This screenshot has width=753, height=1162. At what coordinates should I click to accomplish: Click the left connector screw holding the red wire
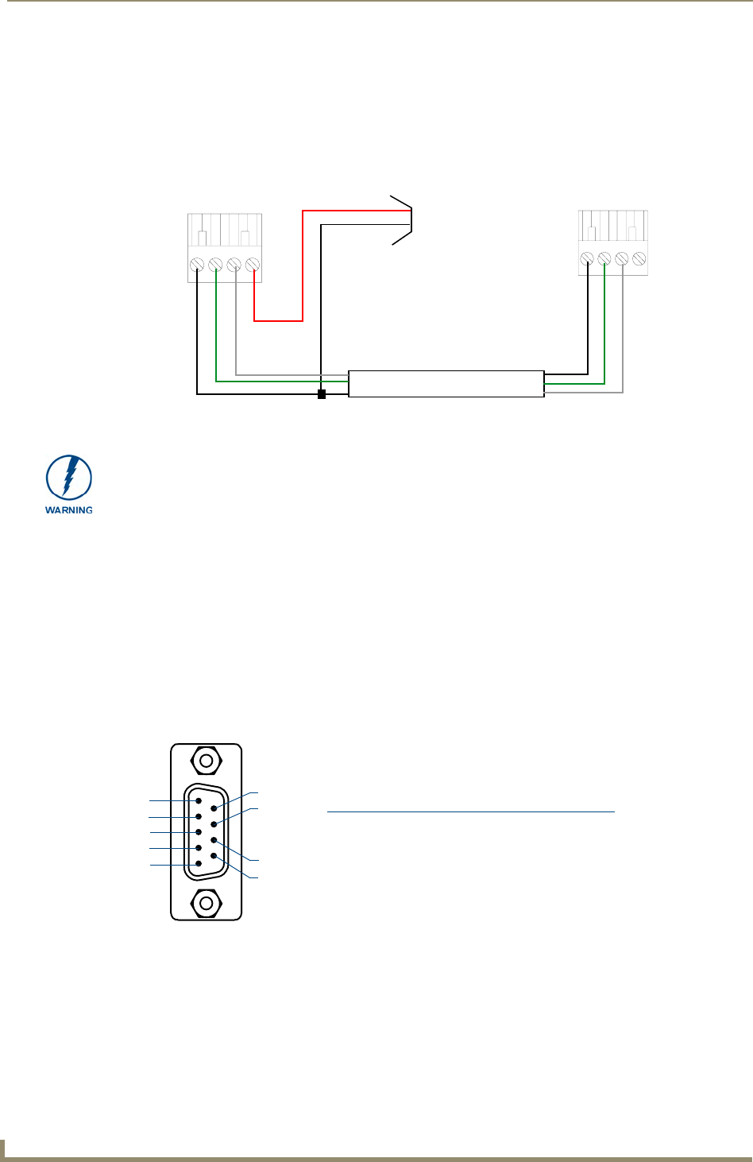pos(253,265)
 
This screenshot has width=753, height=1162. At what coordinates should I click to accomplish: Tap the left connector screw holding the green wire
pos(215,265)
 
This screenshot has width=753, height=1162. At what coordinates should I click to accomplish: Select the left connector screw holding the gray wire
pos(234,265)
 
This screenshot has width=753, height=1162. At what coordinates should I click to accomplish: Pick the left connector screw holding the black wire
pos(196,265)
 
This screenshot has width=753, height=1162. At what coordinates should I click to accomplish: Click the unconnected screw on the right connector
pos(639,258)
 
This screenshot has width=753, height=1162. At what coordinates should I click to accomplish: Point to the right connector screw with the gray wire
pos(622,258)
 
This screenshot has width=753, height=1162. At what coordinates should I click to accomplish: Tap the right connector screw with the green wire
pos(604,258)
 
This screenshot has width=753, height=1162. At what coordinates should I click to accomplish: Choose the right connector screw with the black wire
pos(586,258)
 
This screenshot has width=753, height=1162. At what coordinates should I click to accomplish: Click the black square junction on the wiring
pos(322,394)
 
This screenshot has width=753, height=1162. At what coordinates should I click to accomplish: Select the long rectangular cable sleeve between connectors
pos(446,384)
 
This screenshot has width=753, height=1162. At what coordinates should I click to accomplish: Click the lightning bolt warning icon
pos(69,478)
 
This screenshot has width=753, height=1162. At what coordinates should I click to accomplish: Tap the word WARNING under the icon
pos(69,510)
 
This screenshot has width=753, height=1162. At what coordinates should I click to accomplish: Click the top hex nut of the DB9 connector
pos(207,761)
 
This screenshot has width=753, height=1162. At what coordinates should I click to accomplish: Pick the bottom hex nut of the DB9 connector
pos(207,903)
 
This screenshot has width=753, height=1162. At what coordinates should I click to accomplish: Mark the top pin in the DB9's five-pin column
pos(199,801)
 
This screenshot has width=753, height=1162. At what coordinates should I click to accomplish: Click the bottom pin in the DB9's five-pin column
pos(199,864)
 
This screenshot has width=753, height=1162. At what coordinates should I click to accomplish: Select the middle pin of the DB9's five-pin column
pos(199,832)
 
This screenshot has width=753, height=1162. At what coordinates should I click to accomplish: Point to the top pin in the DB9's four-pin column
pos(214,808)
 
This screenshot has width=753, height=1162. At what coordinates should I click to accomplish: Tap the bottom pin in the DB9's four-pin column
pos(214,855)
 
